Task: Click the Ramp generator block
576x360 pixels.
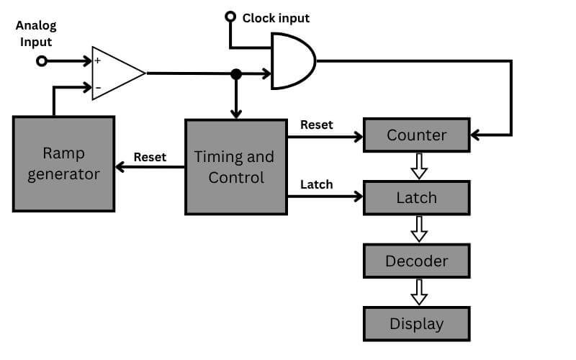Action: point(63,164)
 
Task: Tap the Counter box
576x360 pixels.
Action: point(416,135)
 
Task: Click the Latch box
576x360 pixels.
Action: point(416,197)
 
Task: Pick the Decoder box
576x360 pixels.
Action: point(416,261)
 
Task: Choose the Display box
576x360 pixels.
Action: point(416,324)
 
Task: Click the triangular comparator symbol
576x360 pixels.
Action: point(115,73)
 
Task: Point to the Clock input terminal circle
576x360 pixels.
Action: point(230,17)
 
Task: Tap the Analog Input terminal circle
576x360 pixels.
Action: point(41,61)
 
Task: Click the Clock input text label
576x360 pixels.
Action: point(276,17)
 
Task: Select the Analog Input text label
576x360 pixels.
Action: point(36,34)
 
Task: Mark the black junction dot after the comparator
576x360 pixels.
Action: point(235,73)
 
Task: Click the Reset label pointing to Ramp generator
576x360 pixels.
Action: point(150,157)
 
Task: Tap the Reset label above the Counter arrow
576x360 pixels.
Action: point(316,125)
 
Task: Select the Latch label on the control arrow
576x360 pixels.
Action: point(316,184)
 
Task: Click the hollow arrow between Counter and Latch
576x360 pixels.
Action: point(418,166)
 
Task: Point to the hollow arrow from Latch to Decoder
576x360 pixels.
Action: point(418,229)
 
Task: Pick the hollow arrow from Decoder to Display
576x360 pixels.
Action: point(418,292)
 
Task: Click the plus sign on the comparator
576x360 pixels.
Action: point(97,61)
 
